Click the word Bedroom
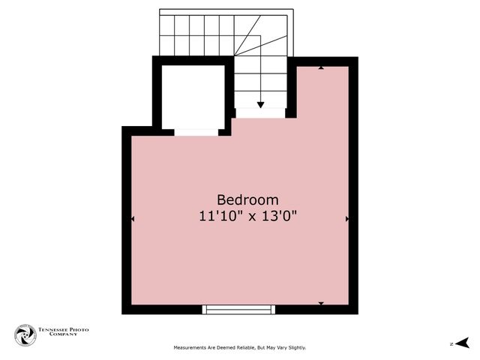[247, 200]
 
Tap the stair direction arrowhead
[260, 104]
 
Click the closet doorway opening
[196, 133]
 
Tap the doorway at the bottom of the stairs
[260, 113]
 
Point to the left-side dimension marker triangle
[133, 219]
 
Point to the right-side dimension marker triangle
[347, 219]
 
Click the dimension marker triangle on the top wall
[321, 67]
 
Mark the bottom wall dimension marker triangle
[321, 303]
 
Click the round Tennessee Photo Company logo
[25, 334]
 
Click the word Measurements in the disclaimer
[191, 348]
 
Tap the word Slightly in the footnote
[294, 348]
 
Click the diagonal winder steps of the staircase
[266, 37]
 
